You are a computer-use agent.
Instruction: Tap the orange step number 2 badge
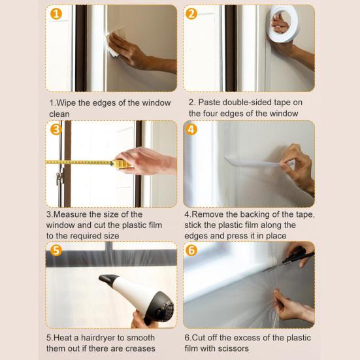[x=191, y=14]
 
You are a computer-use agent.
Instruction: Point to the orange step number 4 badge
[x=191, y=129]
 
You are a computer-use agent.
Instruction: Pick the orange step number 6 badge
[x=191, y=250]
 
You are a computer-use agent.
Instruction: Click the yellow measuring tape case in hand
[x=120, y=163]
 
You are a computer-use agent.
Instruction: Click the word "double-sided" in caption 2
[x=245, y=103]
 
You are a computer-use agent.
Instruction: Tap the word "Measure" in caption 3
[x=75, y=214]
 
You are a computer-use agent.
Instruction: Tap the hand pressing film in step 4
[x=297, y=167]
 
